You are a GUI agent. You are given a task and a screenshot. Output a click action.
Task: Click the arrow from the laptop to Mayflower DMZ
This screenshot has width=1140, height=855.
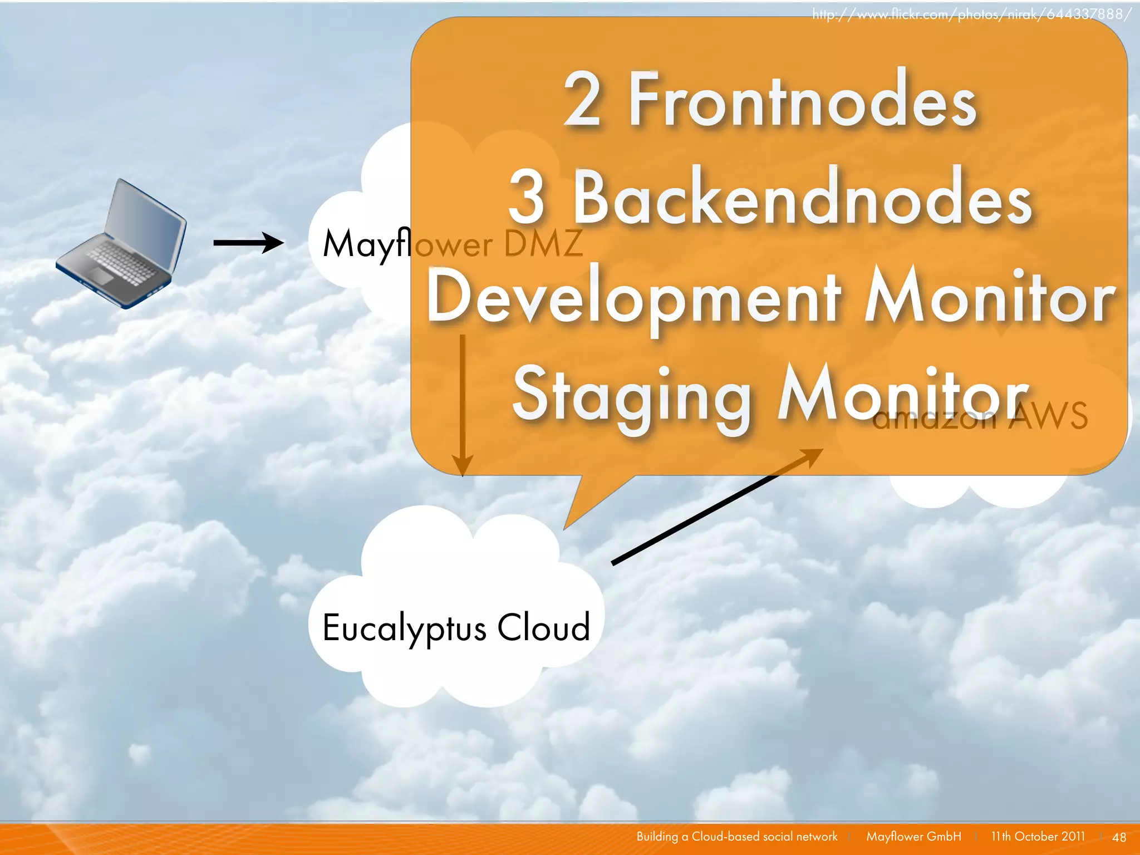coord(248,243)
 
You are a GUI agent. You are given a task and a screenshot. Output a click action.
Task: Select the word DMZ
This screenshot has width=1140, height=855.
coord(543,244)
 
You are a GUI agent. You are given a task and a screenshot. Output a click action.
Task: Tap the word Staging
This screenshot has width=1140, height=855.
coord(632,396)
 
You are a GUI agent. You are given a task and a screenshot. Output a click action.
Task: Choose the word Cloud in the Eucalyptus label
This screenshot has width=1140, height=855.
coord(543,627)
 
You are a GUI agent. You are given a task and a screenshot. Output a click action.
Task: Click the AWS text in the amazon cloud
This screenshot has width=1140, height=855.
coord(1048,415)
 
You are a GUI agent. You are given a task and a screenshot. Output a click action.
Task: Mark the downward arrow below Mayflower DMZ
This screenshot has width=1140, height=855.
coord(462,406)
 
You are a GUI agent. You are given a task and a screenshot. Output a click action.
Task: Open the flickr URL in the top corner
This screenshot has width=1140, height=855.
coord(971,14)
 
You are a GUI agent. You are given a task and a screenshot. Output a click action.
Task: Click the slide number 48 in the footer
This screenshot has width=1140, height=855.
coord(1119,837)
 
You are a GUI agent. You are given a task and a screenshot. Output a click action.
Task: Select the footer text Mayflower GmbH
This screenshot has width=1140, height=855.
coord(913,836)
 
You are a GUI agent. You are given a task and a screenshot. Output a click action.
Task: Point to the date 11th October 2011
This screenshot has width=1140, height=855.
coord(1038,836)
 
